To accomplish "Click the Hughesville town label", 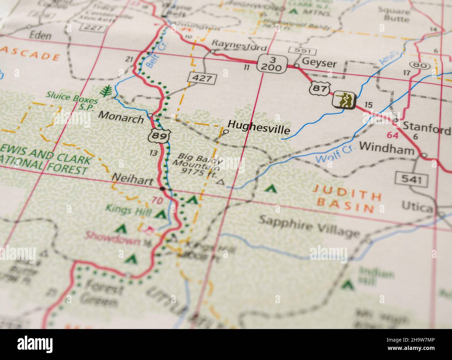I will click(258, 130).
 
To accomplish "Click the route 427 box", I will click(202, 78).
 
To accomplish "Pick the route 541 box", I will click(412, 179).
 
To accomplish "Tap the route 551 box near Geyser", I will click(304, 51).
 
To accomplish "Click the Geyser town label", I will click(319, 64).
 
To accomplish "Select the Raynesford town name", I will click(239, 45).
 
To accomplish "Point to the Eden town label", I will click(40, 35).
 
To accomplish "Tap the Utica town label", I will click(417, 207).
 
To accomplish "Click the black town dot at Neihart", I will click(162, 189).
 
